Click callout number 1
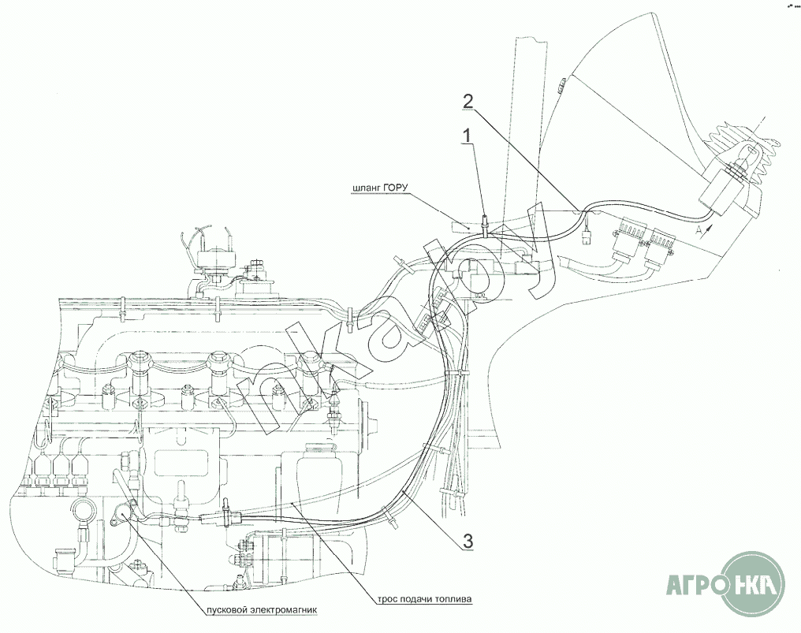[x=468, y=136]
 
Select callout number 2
[x=468, y=101]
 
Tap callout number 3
[x=468, y=541]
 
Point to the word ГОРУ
[x=400, y=188]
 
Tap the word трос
[x=378, y=599]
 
